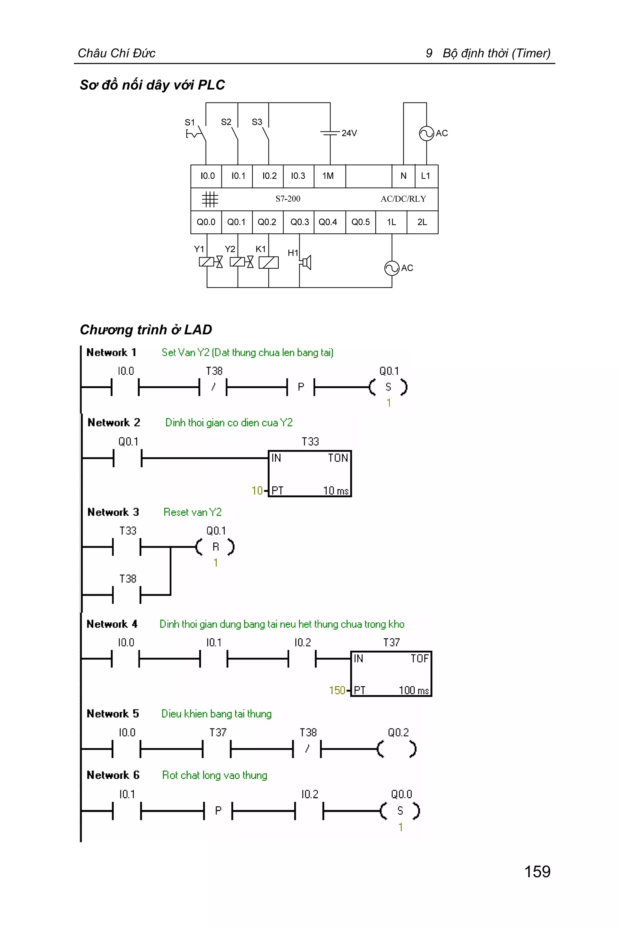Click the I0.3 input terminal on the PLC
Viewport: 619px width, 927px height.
[298, 176]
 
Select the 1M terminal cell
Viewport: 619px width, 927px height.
[328, 176]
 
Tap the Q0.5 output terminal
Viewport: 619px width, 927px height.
[360, 222]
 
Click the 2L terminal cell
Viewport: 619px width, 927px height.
[422, 222]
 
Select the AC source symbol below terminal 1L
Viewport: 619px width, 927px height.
[392, 268]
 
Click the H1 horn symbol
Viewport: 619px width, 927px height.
[306, 262]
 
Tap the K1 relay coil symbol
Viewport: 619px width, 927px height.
[268, 263]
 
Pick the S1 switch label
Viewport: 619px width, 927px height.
[190, 122]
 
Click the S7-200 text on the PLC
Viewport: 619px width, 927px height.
[288, 199]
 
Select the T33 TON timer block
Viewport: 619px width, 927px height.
[309, 473]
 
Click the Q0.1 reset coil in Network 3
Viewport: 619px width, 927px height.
[216, 547]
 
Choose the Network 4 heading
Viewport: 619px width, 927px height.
[112, 624]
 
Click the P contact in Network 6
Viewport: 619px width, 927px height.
[218, 811]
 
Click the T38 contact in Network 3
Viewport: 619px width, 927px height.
[127, 595]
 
